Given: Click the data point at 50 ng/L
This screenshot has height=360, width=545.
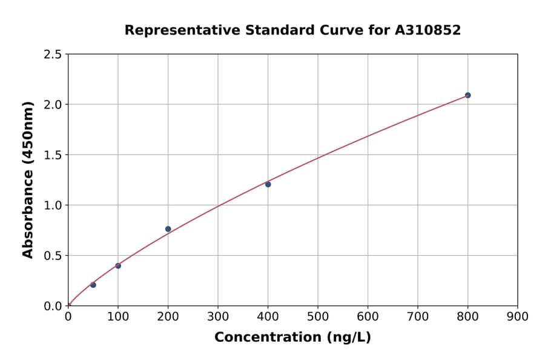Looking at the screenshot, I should click(x=93, y=285).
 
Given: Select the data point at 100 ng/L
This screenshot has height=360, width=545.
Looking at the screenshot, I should click(x=118, y=265).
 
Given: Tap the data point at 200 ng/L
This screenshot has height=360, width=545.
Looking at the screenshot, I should click(x=168, y=229).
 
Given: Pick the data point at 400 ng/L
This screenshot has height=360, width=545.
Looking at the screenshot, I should click(x=268, y=184).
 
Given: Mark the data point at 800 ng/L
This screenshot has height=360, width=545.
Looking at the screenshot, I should click(x=467, y=95).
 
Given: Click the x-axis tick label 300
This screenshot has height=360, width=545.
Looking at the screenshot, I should click(x=218, y=316).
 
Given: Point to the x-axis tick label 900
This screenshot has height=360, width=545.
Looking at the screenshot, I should click(x=518, y=316).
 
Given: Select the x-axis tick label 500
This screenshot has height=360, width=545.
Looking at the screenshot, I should click(x=318, y=316).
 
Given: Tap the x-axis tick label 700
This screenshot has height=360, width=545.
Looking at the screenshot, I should click(x=418, y=316).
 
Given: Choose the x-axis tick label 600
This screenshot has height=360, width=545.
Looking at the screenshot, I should click(x=368, y=316).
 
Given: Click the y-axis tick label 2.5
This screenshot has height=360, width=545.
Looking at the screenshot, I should click(x=52, y=55).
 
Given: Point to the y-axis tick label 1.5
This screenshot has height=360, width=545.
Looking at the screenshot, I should click(x=52, y=155).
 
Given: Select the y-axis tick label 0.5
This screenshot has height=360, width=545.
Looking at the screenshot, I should click(x=52, y=256).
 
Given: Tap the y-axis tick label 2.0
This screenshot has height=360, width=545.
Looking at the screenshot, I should click(x=52, y=105).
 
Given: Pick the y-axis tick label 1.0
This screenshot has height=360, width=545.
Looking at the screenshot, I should click(x=52, y=205).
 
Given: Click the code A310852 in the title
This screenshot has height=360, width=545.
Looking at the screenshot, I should click(x=428, y=30).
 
